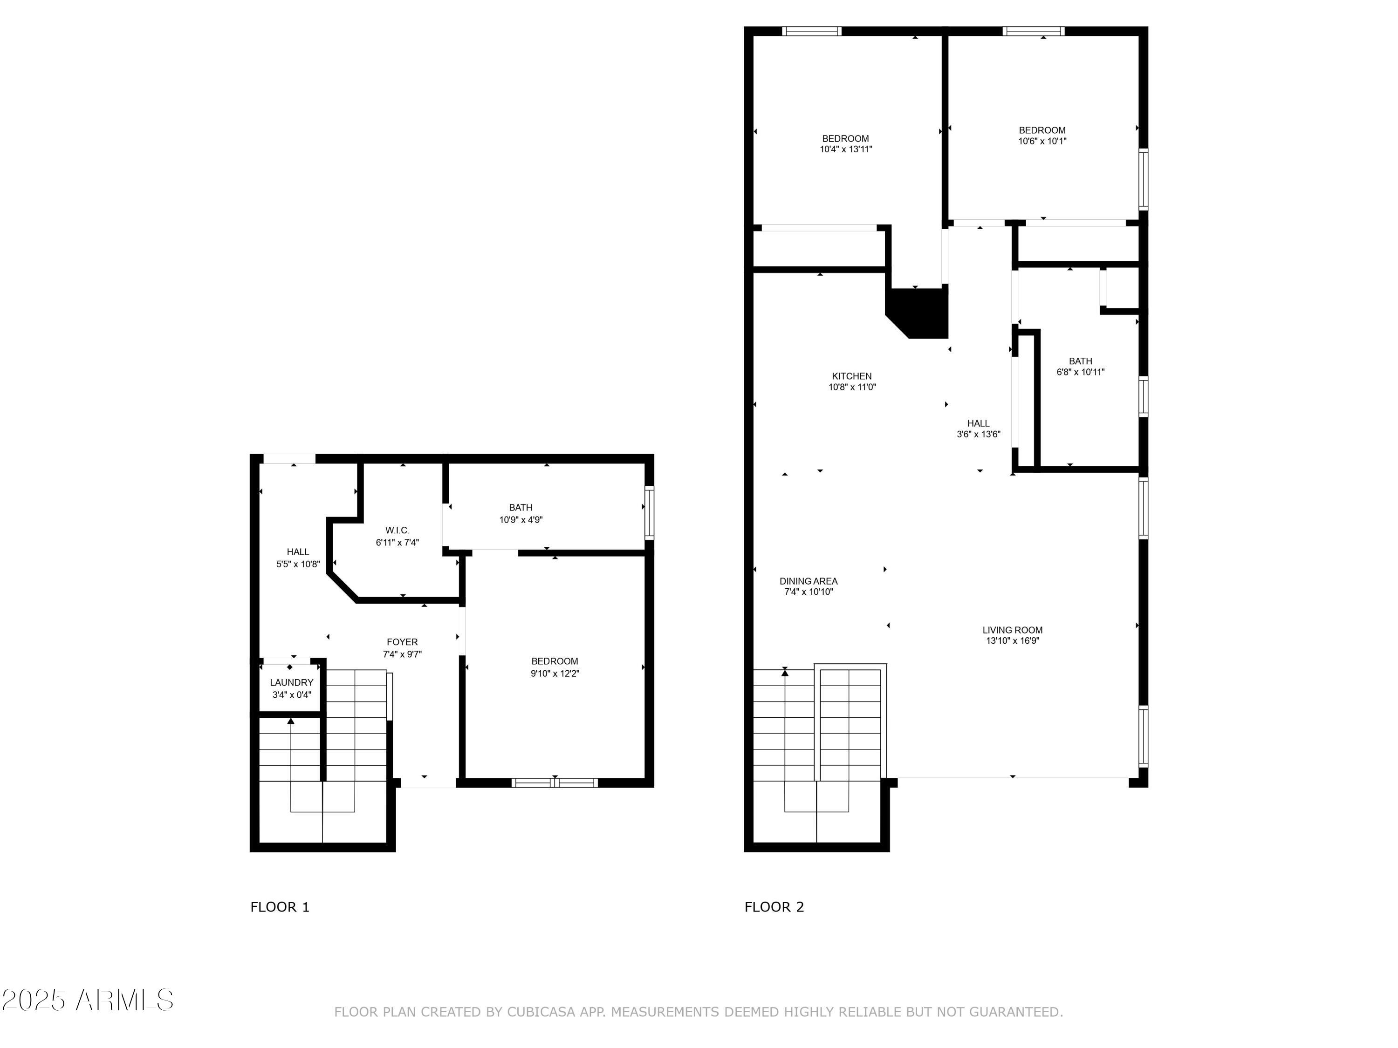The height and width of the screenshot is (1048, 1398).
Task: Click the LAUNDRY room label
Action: tap(291, 682)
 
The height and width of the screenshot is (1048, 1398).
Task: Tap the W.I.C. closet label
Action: tap(397, 530)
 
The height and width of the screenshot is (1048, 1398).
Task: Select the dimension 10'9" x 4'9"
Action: tap(521, 520)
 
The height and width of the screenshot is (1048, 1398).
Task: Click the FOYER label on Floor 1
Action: tap(402, 642)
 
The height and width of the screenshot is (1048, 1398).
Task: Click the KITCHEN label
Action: tap(851, 376)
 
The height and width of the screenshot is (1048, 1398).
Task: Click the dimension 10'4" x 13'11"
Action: tap(846, 150)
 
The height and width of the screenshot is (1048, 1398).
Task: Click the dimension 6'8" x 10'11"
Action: tap(1080, 372)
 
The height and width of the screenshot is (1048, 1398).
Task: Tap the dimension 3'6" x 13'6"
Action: tap(978, 434)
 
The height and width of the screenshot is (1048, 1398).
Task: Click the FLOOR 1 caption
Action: tap(279, 907)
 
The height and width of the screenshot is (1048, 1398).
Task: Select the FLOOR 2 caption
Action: tap(774, 907)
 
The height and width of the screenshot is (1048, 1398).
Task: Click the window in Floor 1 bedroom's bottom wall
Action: tap(554, 783)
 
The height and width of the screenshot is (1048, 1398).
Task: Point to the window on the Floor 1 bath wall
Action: tap(649, 512)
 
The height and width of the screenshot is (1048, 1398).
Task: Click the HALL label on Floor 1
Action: tap(298, 552)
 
